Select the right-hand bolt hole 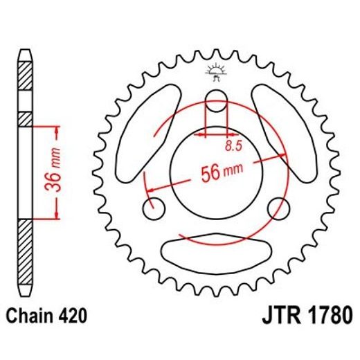(278, 206)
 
